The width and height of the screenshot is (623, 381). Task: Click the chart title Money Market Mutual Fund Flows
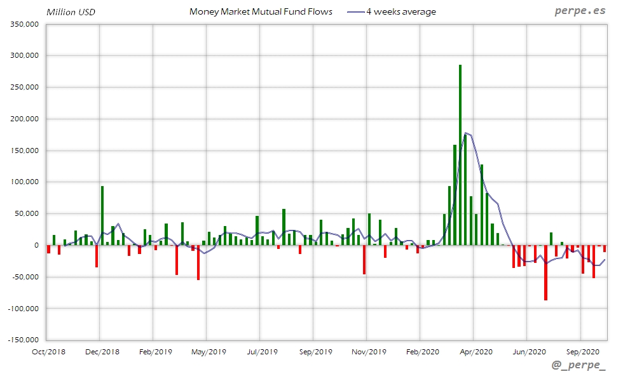(261, 11)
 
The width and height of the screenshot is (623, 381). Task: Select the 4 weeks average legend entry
(400, 11)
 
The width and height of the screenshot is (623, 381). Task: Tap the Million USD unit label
(71, 11)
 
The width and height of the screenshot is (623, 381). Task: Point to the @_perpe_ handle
(579, 366)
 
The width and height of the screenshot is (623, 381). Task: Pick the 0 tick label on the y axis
(36, 245)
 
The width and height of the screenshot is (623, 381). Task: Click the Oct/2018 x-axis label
(49, 351)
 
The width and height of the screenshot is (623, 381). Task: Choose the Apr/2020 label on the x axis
(476, 351)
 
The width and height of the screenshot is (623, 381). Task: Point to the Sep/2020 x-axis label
(582, 351)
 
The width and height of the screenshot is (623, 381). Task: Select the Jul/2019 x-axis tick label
(261, 351)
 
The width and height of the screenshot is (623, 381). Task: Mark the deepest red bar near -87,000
(545, 272)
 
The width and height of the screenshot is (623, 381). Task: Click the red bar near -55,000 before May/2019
(198, 262)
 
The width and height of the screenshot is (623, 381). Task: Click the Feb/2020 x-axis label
(422, 351)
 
